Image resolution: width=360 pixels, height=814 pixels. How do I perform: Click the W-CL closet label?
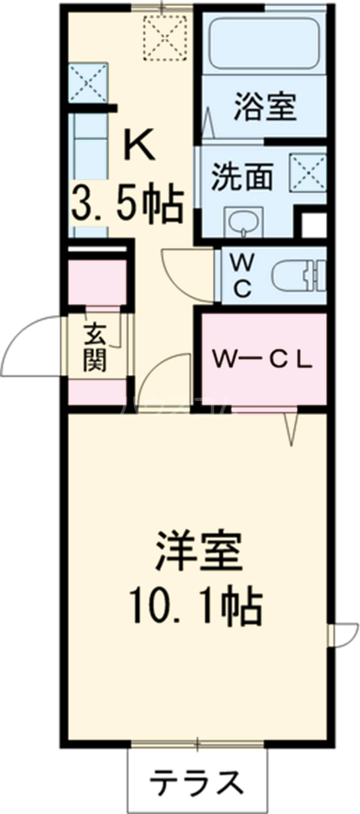click(262, 360)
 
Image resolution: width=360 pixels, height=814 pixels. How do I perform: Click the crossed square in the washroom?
click(308, 172)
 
